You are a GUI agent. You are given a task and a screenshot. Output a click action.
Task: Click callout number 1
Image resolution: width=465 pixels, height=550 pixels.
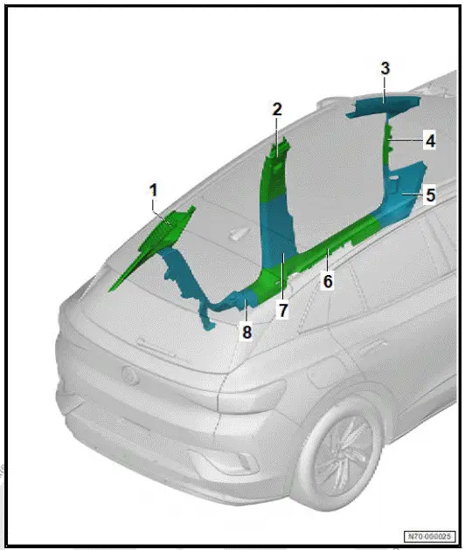[154, 189]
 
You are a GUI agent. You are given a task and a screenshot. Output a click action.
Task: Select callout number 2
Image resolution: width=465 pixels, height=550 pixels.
[277, 109]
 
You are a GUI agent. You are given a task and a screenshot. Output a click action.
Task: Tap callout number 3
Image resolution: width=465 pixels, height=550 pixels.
[385, 69]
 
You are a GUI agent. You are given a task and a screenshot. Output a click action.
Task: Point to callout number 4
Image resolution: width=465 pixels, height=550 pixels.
[429, 141]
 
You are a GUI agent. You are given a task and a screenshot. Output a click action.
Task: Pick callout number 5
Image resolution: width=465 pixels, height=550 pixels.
[430, 196]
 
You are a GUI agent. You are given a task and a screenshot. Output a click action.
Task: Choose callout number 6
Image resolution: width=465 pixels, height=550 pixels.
[328, 281]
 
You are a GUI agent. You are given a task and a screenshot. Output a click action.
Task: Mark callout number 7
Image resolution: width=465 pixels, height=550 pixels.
[283, 310]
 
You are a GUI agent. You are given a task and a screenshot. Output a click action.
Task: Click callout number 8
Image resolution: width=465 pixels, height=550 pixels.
[246, 332]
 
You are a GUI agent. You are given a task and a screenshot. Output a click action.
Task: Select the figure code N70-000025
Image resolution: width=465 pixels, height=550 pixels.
[428, 535]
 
